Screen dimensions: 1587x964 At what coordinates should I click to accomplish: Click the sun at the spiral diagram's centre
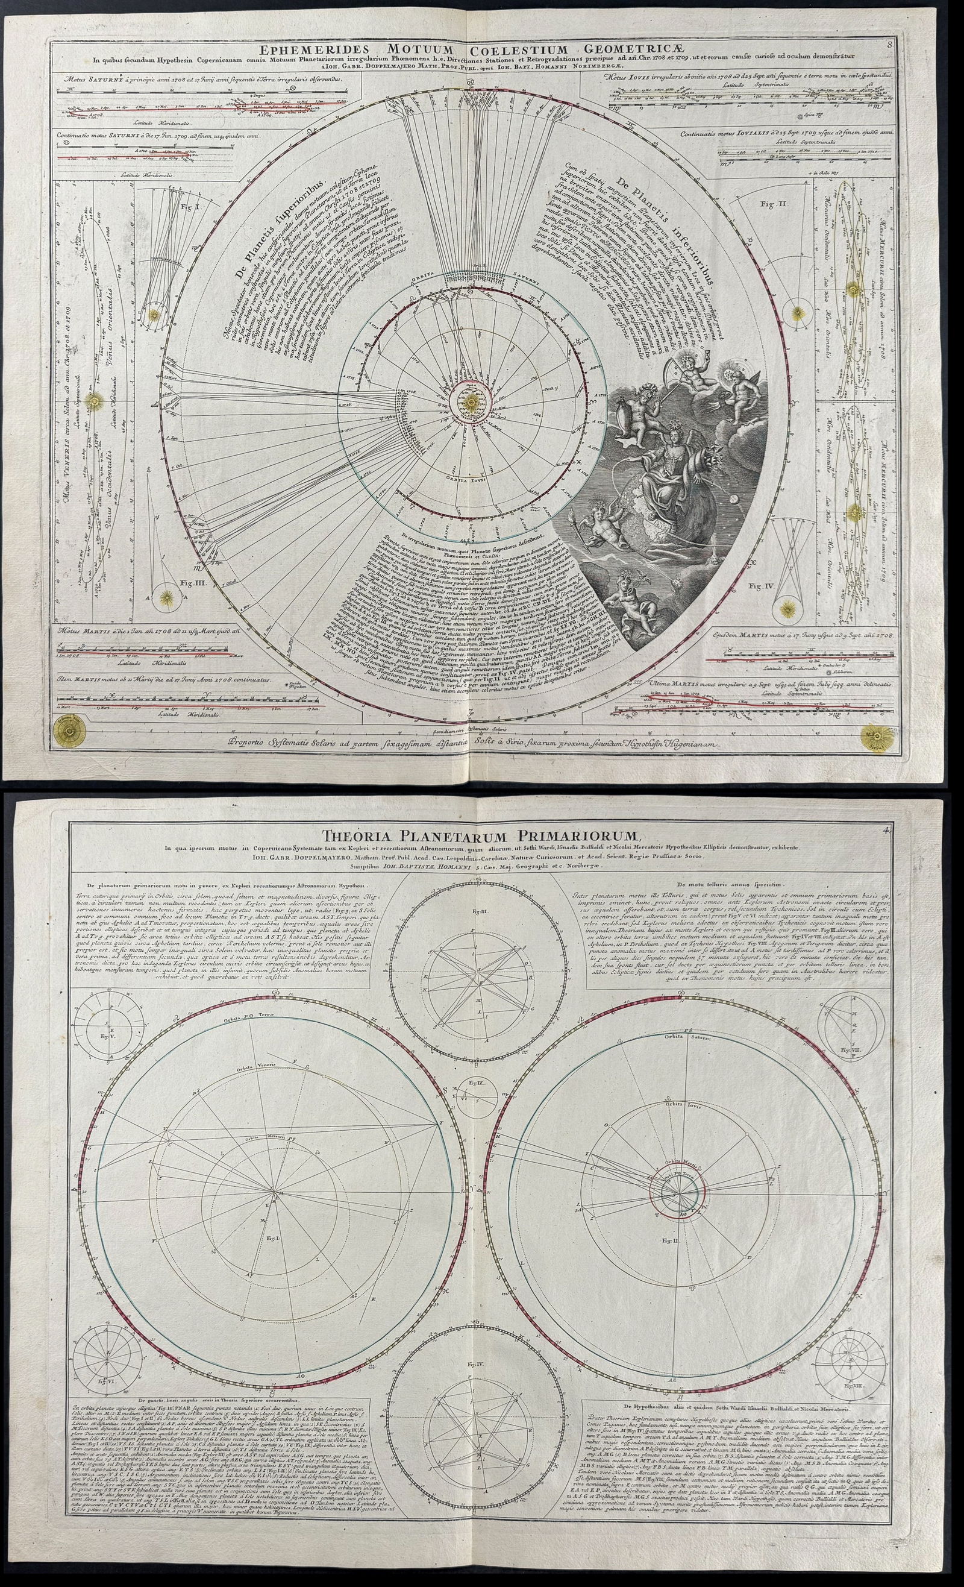[471, 401]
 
